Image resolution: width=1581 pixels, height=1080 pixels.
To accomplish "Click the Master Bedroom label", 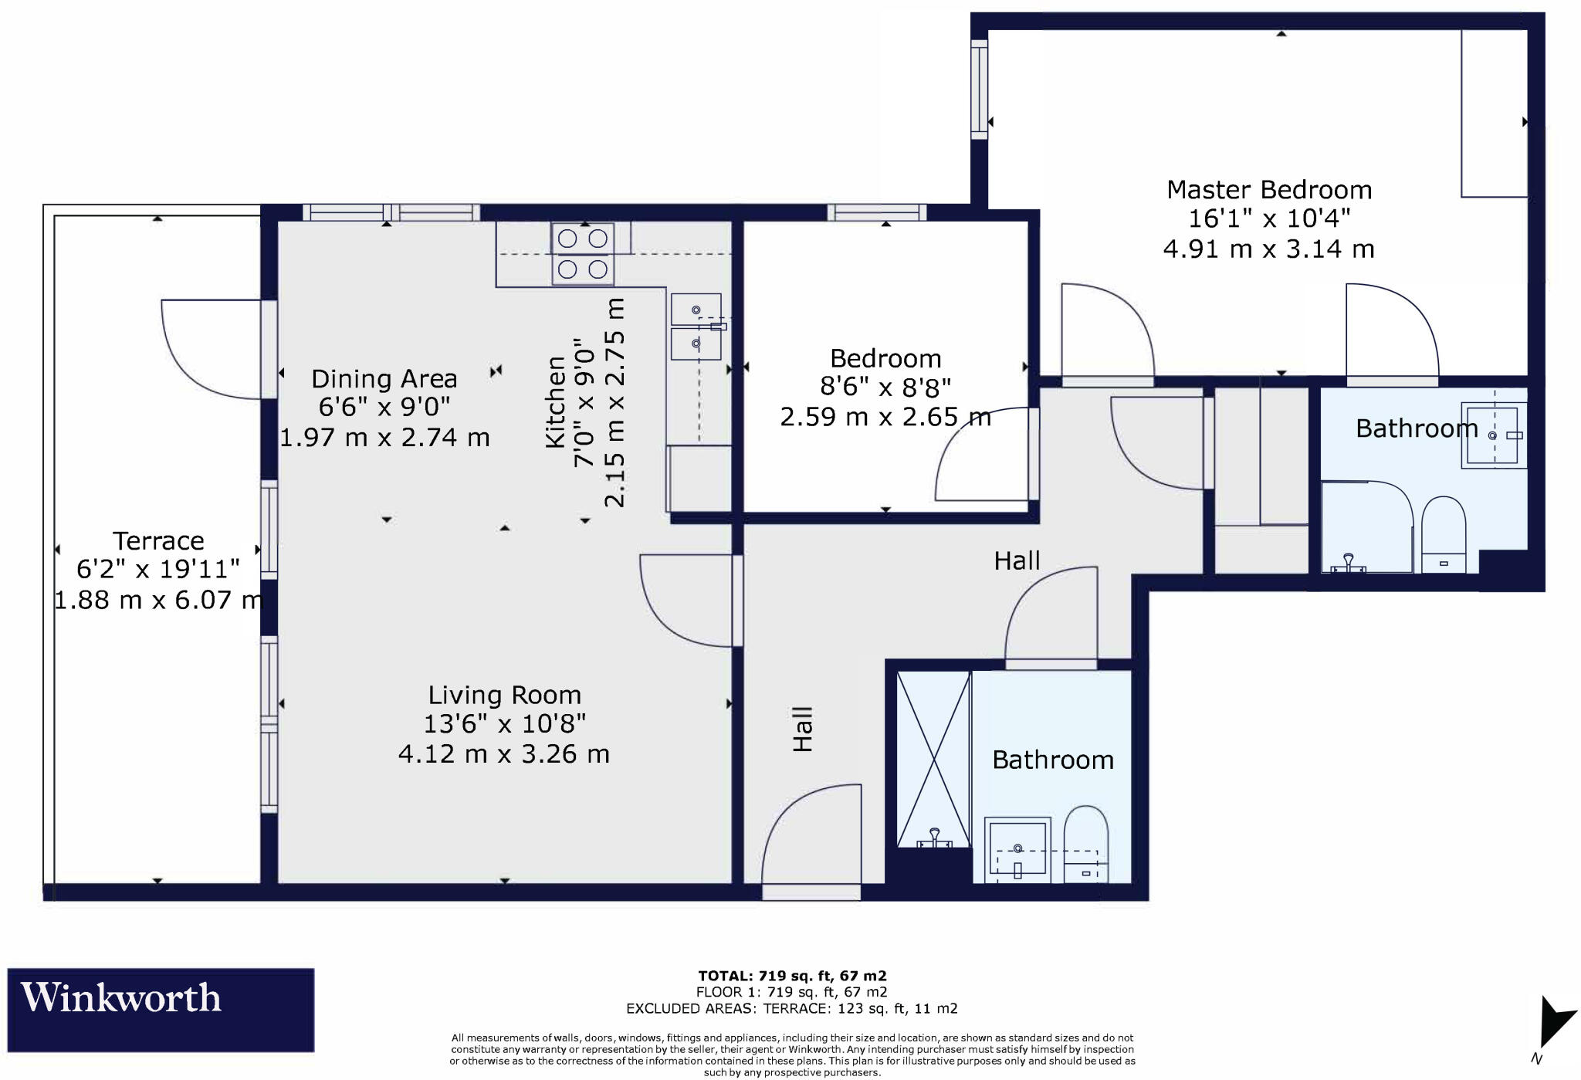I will point(1268,190).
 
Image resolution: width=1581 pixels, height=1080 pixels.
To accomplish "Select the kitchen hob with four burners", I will point(583,254).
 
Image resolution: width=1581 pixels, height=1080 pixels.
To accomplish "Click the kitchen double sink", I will point(696,327).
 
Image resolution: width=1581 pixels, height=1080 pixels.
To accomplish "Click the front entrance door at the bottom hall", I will point(812,841).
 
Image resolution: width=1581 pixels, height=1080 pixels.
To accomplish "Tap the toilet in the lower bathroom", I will point(1085,845).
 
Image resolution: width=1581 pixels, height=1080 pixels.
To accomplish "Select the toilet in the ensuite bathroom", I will point(1443,533).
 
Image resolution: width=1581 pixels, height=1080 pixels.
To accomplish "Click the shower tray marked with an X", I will point(933,759).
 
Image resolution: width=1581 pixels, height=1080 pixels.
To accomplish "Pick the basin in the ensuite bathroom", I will point(1492,435).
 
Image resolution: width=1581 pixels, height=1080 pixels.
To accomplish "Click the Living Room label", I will point(504,696).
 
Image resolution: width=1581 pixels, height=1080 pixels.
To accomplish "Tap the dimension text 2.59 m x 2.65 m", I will point(885,418).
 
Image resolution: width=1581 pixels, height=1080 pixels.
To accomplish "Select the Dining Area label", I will point(384,379).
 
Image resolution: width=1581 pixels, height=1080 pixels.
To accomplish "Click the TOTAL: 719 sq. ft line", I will point(791,976).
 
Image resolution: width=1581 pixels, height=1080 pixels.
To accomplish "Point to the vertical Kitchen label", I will point(555,401).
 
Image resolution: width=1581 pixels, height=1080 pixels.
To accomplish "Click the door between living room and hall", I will point(687,601).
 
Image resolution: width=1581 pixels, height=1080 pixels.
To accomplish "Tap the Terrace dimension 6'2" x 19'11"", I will point(157,570).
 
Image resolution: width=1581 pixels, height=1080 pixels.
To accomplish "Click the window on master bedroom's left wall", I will point(979,90).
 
